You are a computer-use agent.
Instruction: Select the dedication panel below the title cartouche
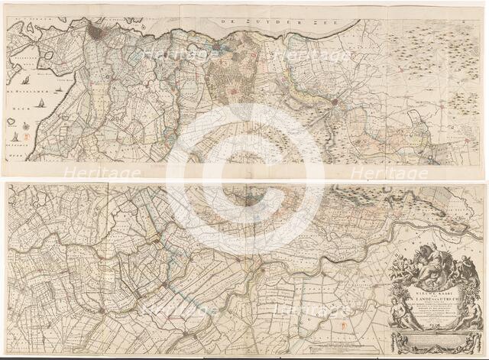[x=436, y=341]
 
